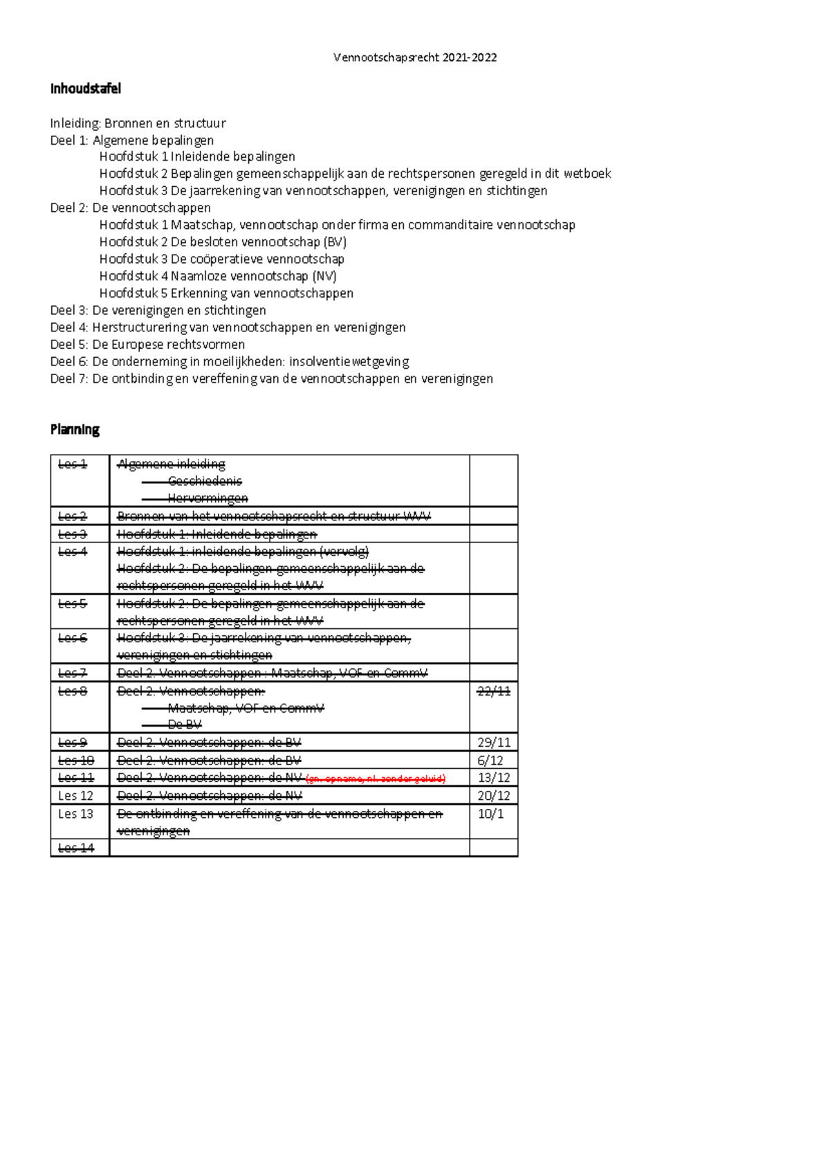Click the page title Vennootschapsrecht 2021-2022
pos(414,57)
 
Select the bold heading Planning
pos(75,429)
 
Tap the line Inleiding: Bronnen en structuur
pos(138,123)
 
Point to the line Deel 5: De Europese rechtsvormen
pos(147,344)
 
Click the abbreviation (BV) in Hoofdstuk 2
pos(335,242)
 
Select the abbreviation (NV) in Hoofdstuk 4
pos(324,276)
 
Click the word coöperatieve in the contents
pos(226,259)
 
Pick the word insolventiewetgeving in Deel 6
pos(349,361)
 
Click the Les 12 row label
pos(75,796)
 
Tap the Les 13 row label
pos(75,814)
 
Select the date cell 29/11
pos(494,743)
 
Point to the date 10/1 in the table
pos(490,814)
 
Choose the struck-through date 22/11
pos(494,691)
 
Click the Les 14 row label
pos(75,848)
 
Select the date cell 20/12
pos(494,796)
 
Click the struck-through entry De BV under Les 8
pos(184,725)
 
